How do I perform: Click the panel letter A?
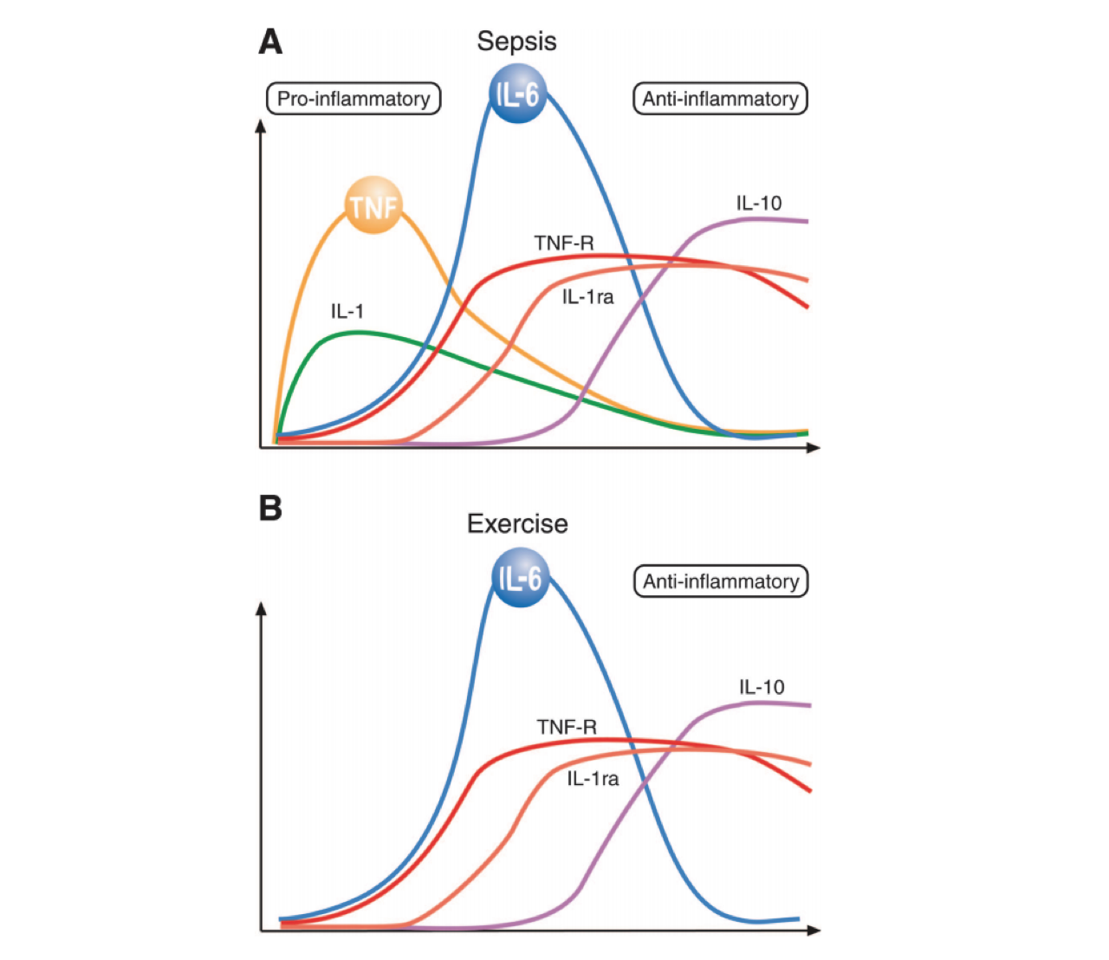(x=270, y=42)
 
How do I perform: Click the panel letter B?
(x=270, y=508)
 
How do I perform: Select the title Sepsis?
(x=516, y=41)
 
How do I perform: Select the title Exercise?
(x=517, y=523)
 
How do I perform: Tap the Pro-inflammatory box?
(x=353, y=99)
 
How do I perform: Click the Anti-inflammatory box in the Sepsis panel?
(x=720, y=99)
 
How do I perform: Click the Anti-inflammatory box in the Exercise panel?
(x=721, y=581)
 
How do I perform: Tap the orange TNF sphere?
(x=373, y=206)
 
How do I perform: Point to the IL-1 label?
(x=347, y=311)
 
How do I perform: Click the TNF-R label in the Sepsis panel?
(x=564, y=243)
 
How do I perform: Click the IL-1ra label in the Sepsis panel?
(x=587, y=297)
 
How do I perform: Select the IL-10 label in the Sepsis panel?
(x=759, y=204)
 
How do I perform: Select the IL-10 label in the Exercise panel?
(x=762, y=687)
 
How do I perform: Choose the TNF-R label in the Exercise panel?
(x=567, y=727)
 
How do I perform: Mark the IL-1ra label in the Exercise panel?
(x=593, y=779)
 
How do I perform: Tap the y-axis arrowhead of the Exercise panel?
(x=261, y=608)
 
